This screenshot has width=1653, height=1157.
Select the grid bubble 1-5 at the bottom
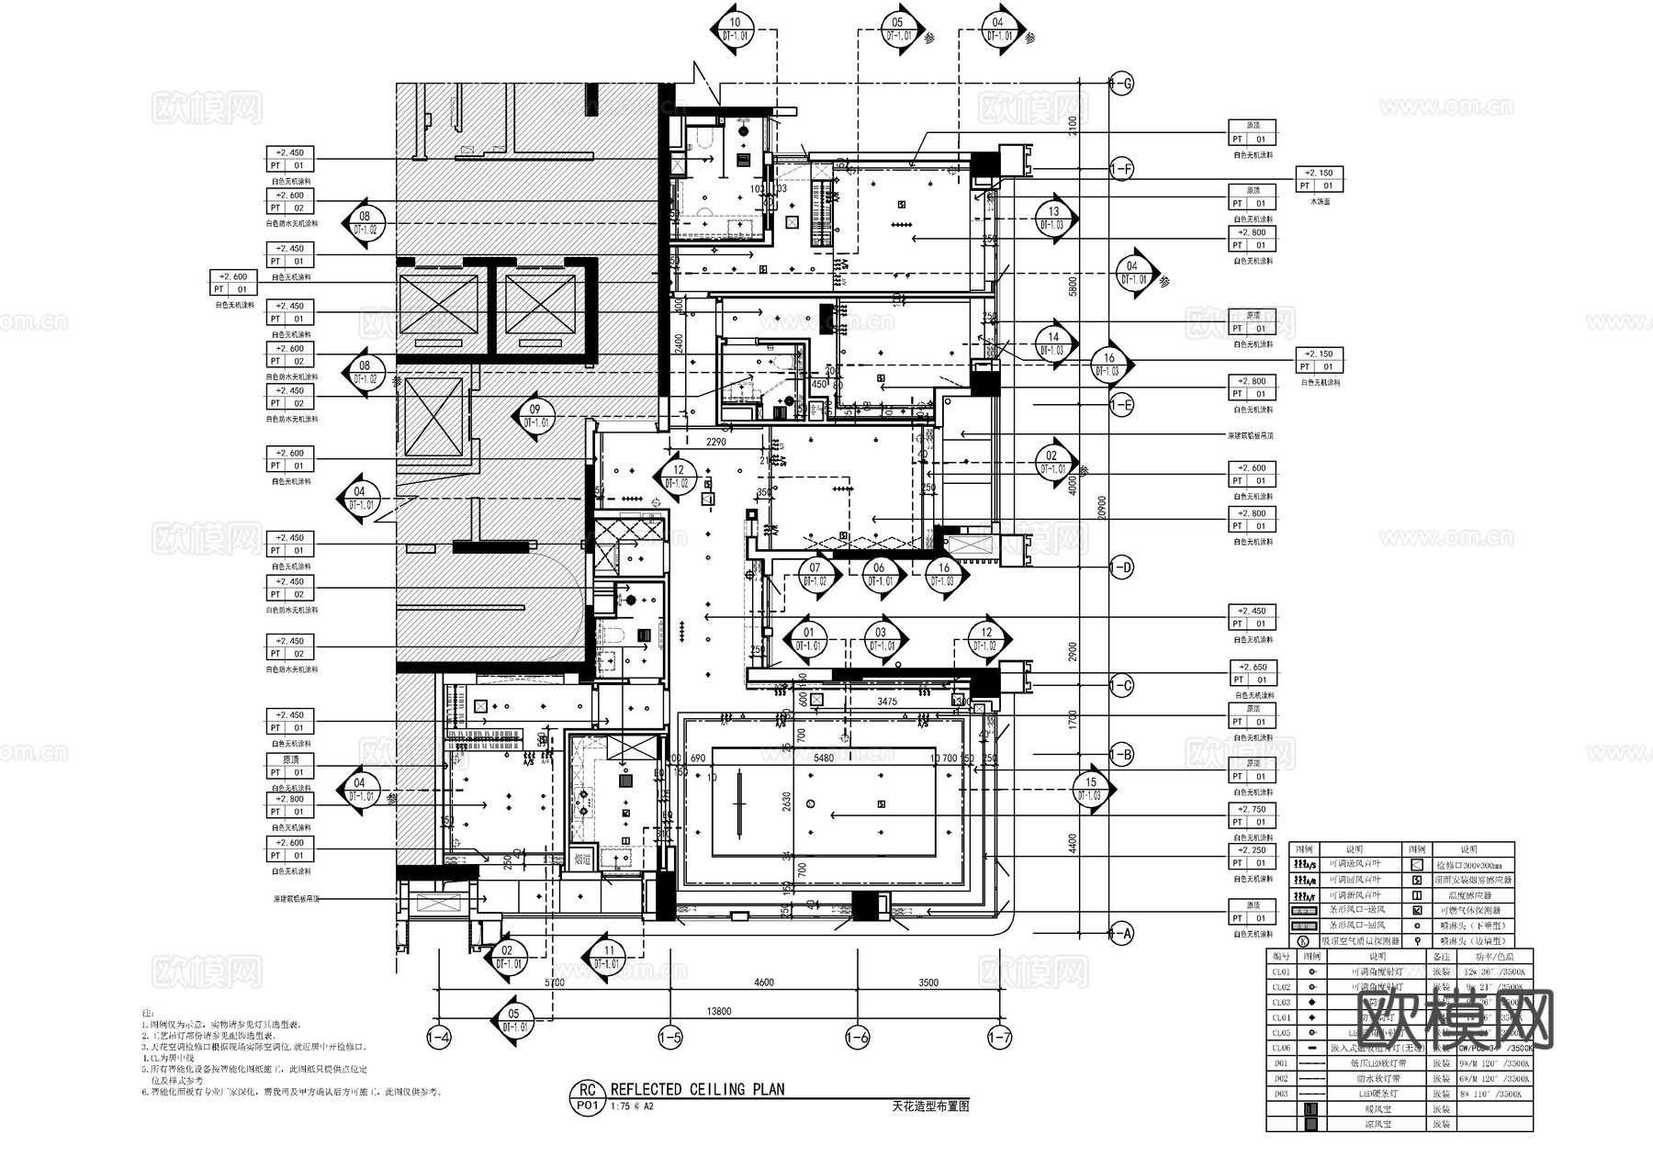(670, 1039)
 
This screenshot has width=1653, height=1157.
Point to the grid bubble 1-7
(999, 1039)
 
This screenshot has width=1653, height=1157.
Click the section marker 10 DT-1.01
(735, 29)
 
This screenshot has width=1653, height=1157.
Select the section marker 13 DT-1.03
(1053, 218)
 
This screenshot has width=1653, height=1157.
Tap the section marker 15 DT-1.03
(1091, 789)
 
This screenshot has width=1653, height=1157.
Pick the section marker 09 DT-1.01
(536, 416)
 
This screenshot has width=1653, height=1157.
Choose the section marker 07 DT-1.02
(815, 575)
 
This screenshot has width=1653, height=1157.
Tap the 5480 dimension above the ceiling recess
(823, 758)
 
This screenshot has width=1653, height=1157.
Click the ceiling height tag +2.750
(1253, 810)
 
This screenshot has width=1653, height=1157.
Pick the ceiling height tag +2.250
(1253, 850)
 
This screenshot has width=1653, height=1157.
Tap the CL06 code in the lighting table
(1281, 1048)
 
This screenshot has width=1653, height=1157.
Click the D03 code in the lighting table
(1281, 1094)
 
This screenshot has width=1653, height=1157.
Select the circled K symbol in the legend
(1302, 941)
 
